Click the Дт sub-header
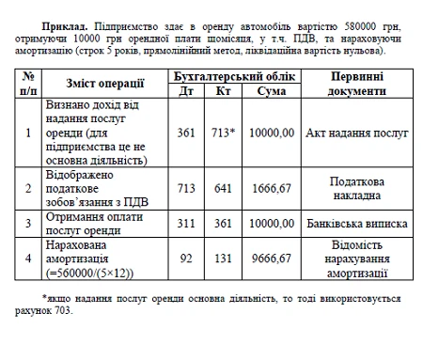tap(186, 91)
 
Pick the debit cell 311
tap(186, 226)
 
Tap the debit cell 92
tap(186, 257)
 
